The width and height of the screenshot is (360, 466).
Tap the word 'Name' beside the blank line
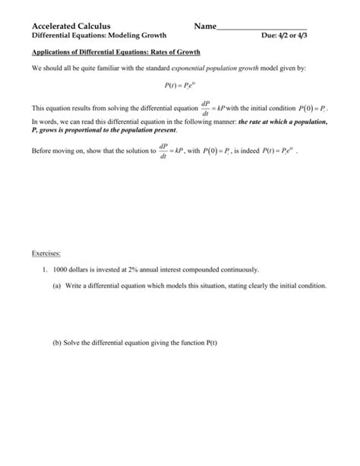click(x=205, y=27)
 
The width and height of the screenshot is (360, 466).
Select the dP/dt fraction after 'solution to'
click(x=163, y=149)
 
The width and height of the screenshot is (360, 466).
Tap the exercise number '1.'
click(x=46, y=270)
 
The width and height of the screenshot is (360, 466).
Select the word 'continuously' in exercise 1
click(x=238, y=270)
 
